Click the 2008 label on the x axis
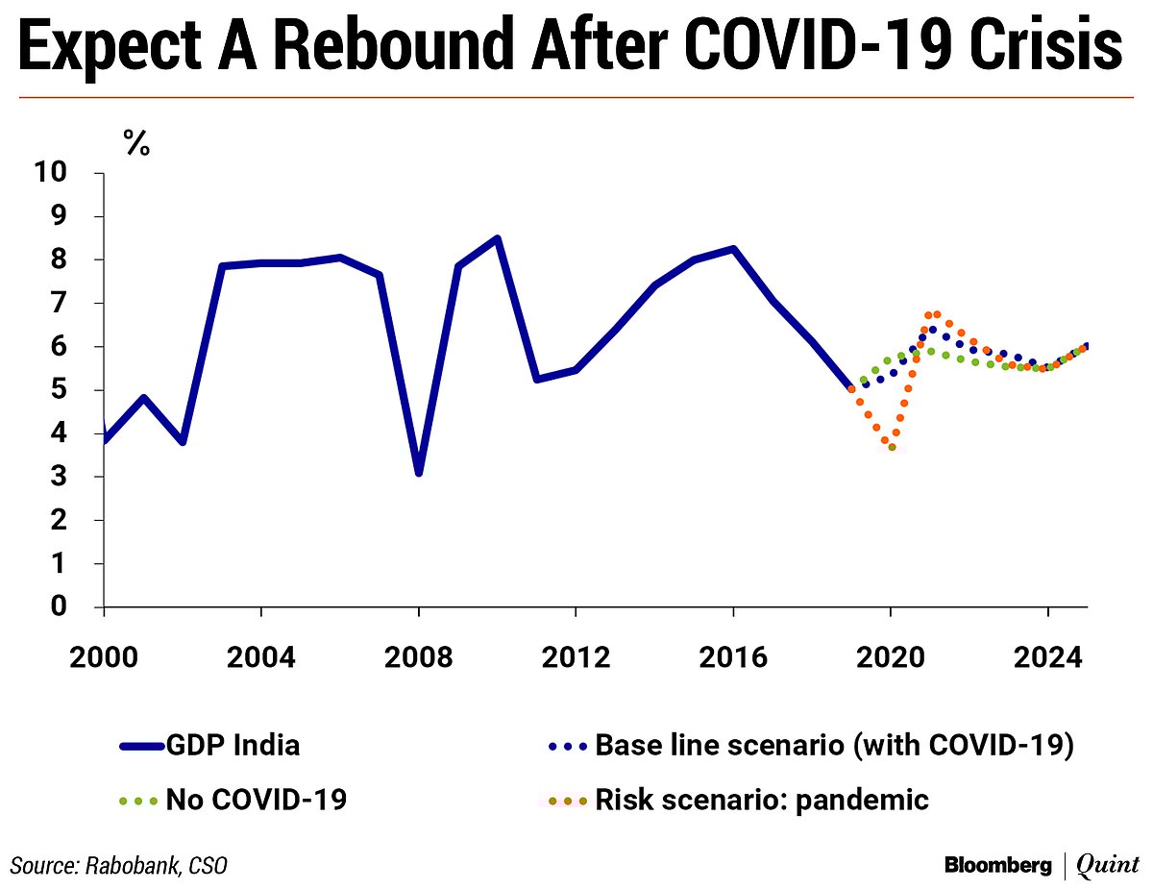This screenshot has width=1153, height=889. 419,658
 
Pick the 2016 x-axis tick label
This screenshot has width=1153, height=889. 733,658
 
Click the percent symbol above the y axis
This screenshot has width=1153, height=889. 136,144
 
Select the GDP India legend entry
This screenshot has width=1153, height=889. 233,745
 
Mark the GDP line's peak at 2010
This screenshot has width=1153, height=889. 497,238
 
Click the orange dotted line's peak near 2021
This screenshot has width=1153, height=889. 933,314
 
